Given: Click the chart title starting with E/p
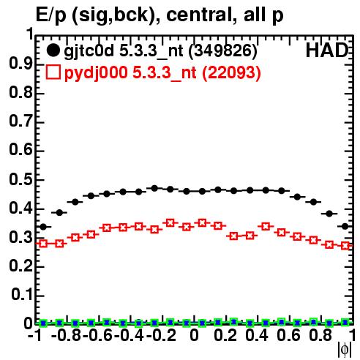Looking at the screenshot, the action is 160,15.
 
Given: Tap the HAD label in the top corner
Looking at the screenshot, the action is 327,50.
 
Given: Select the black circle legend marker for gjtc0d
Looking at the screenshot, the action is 53,50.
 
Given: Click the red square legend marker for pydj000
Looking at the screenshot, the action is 53,72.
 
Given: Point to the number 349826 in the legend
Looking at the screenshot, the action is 223,50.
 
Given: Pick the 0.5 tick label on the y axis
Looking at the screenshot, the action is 20,179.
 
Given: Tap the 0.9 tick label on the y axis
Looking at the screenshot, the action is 20,64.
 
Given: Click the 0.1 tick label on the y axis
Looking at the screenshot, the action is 22,295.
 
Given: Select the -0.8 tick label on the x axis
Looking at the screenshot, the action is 67,335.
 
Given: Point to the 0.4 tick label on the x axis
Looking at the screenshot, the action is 257,335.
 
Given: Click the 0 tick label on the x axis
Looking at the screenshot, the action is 194,335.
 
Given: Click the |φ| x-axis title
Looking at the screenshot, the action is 345,350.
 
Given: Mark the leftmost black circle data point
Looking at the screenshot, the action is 43,227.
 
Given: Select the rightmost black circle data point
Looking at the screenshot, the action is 345,226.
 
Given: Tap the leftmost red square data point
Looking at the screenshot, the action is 43,244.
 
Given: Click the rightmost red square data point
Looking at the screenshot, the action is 345,245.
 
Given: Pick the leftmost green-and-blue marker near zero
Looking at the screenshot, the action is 43,323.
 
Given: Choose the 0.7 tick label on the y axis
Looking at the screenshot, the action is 20,121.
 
